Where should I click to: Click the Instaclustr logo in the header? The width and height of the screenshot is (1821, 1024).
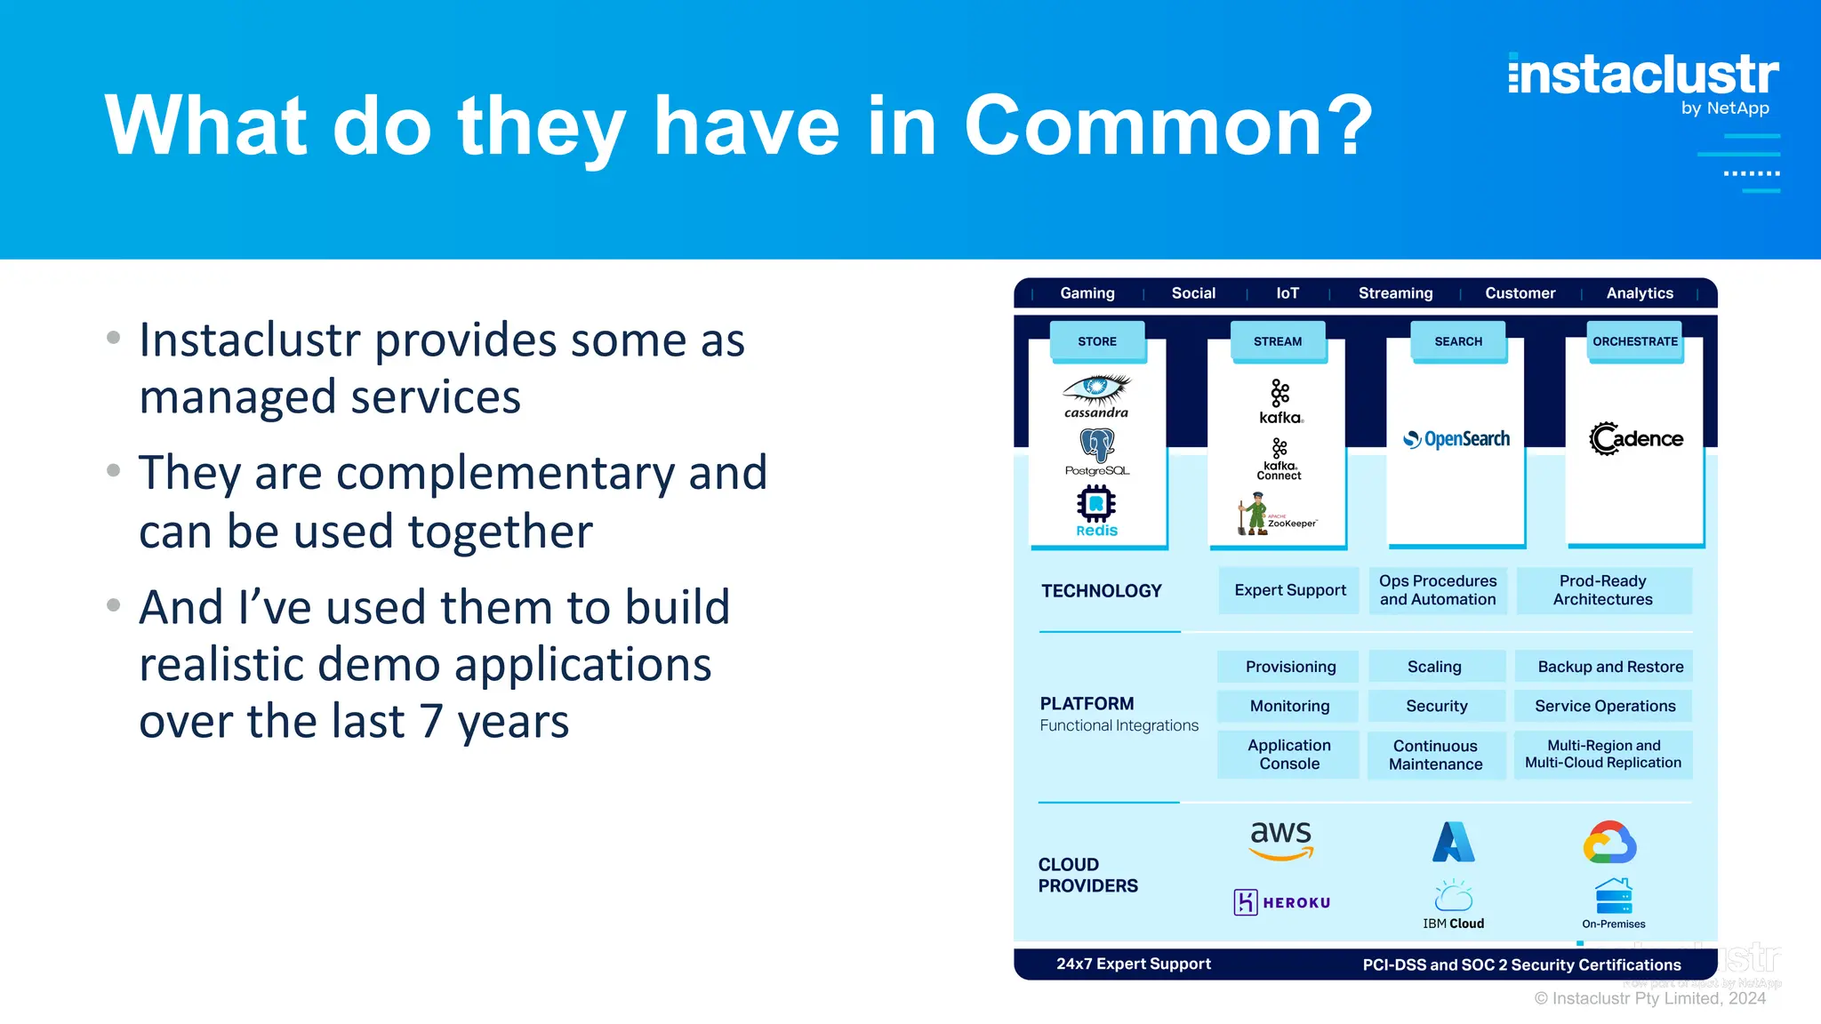coord(1643,76)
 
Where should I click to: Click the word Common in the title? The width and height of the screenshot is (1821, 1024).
coord(1168,126)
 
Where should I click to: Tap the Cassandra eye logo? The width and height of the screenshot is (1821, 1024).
coord(1096,388)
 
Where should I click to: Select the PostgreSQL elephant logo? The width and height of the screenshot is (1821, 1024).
coord(1097,445)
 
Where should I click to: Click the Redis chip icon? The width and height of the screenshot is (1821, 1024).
coord(1096,504)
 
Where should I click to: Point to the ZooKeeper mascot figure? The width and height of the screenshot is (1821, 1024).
coord(1254,516)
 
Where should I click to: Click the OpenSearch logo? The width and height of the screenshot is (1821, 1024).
coord(1456,439)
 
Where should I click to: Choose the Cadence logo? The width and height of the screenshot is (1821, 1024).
coord(1636,438)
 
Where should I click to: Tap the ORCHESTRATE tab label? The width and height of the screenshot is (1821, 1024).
coord(1635,341)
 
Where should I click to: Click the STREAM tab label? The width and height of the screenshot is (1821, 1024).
coord(1278,341)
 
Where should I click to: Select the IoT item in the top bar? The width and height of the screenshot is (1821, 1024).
coord(1288,293)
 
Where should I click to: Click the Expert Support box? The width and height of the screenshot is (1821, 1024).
coord(1289,590)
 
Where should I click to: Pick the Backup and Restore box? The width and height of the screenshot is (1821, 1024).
coord(1610,667)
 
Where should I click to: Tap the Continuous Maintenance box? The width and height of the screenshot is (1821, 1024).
coord(1435,755)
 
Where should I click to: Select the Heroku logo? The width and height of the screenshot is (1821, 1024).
coord(1282,902)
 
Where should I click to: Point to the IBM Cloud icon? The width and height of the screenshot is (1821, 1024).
coord(1453,896)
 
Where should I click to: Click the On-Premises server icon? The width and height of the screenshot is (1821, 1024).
coord(1613,896)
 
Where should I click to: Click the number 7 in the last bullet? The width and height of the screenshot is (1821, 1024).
coord(432,722)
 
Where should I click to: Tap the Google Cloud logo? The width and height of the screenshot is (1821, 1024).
coord(1609,842)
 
